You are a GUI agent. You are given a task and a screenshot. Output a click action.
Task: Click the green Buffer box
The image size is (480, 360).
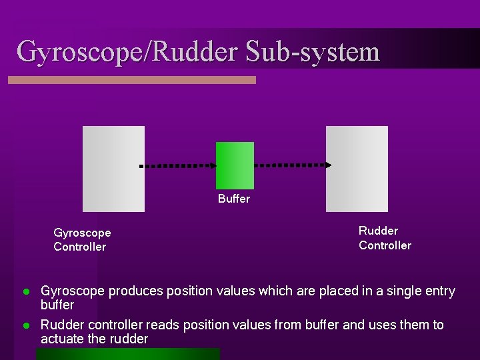coord(235,165)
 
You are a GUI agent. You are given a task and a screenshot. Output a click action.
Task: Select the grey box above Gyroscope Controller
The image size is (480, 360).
coord(113,169)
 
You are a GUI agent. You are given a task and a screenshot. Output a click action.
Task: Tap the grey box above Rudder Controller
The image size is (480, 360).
coord(357,169)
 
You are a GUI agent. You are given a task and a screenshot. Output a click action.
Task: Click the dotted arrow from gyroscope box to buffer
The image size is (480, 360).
coord(178,165)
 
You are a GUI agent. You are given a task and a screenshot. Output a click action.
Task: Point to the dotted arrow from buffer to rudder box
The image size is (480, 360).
coord(293,164)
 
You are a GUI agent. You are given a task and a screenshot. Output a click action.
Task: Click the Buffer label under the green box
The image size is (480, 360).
coord(234,199)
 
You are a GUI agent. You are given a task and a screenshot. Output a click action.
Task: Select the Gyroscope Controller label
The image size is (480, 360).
coord(82,240)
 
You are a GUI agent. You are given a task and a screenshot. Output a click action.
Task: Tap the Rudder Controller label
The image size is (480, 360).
coord(385,238)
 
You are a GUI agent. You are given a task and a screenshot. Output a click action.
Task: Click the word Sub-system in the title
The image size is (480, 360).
coord(313,51)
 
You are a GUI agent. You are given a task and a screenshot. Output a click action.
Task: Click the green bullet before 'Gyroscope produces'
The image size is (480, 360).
coord(26,292)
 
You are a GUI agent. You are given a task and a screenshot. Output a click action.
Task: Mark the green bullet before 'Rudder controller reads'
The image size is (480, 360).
coord(26,326)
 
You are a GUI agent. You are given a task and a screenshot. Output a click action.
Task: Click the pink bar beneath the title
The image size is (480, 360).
coord(131,80)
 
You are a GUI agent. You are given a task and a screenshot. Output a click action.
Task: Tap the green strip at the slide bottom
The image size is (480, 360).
coord(128,354)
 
